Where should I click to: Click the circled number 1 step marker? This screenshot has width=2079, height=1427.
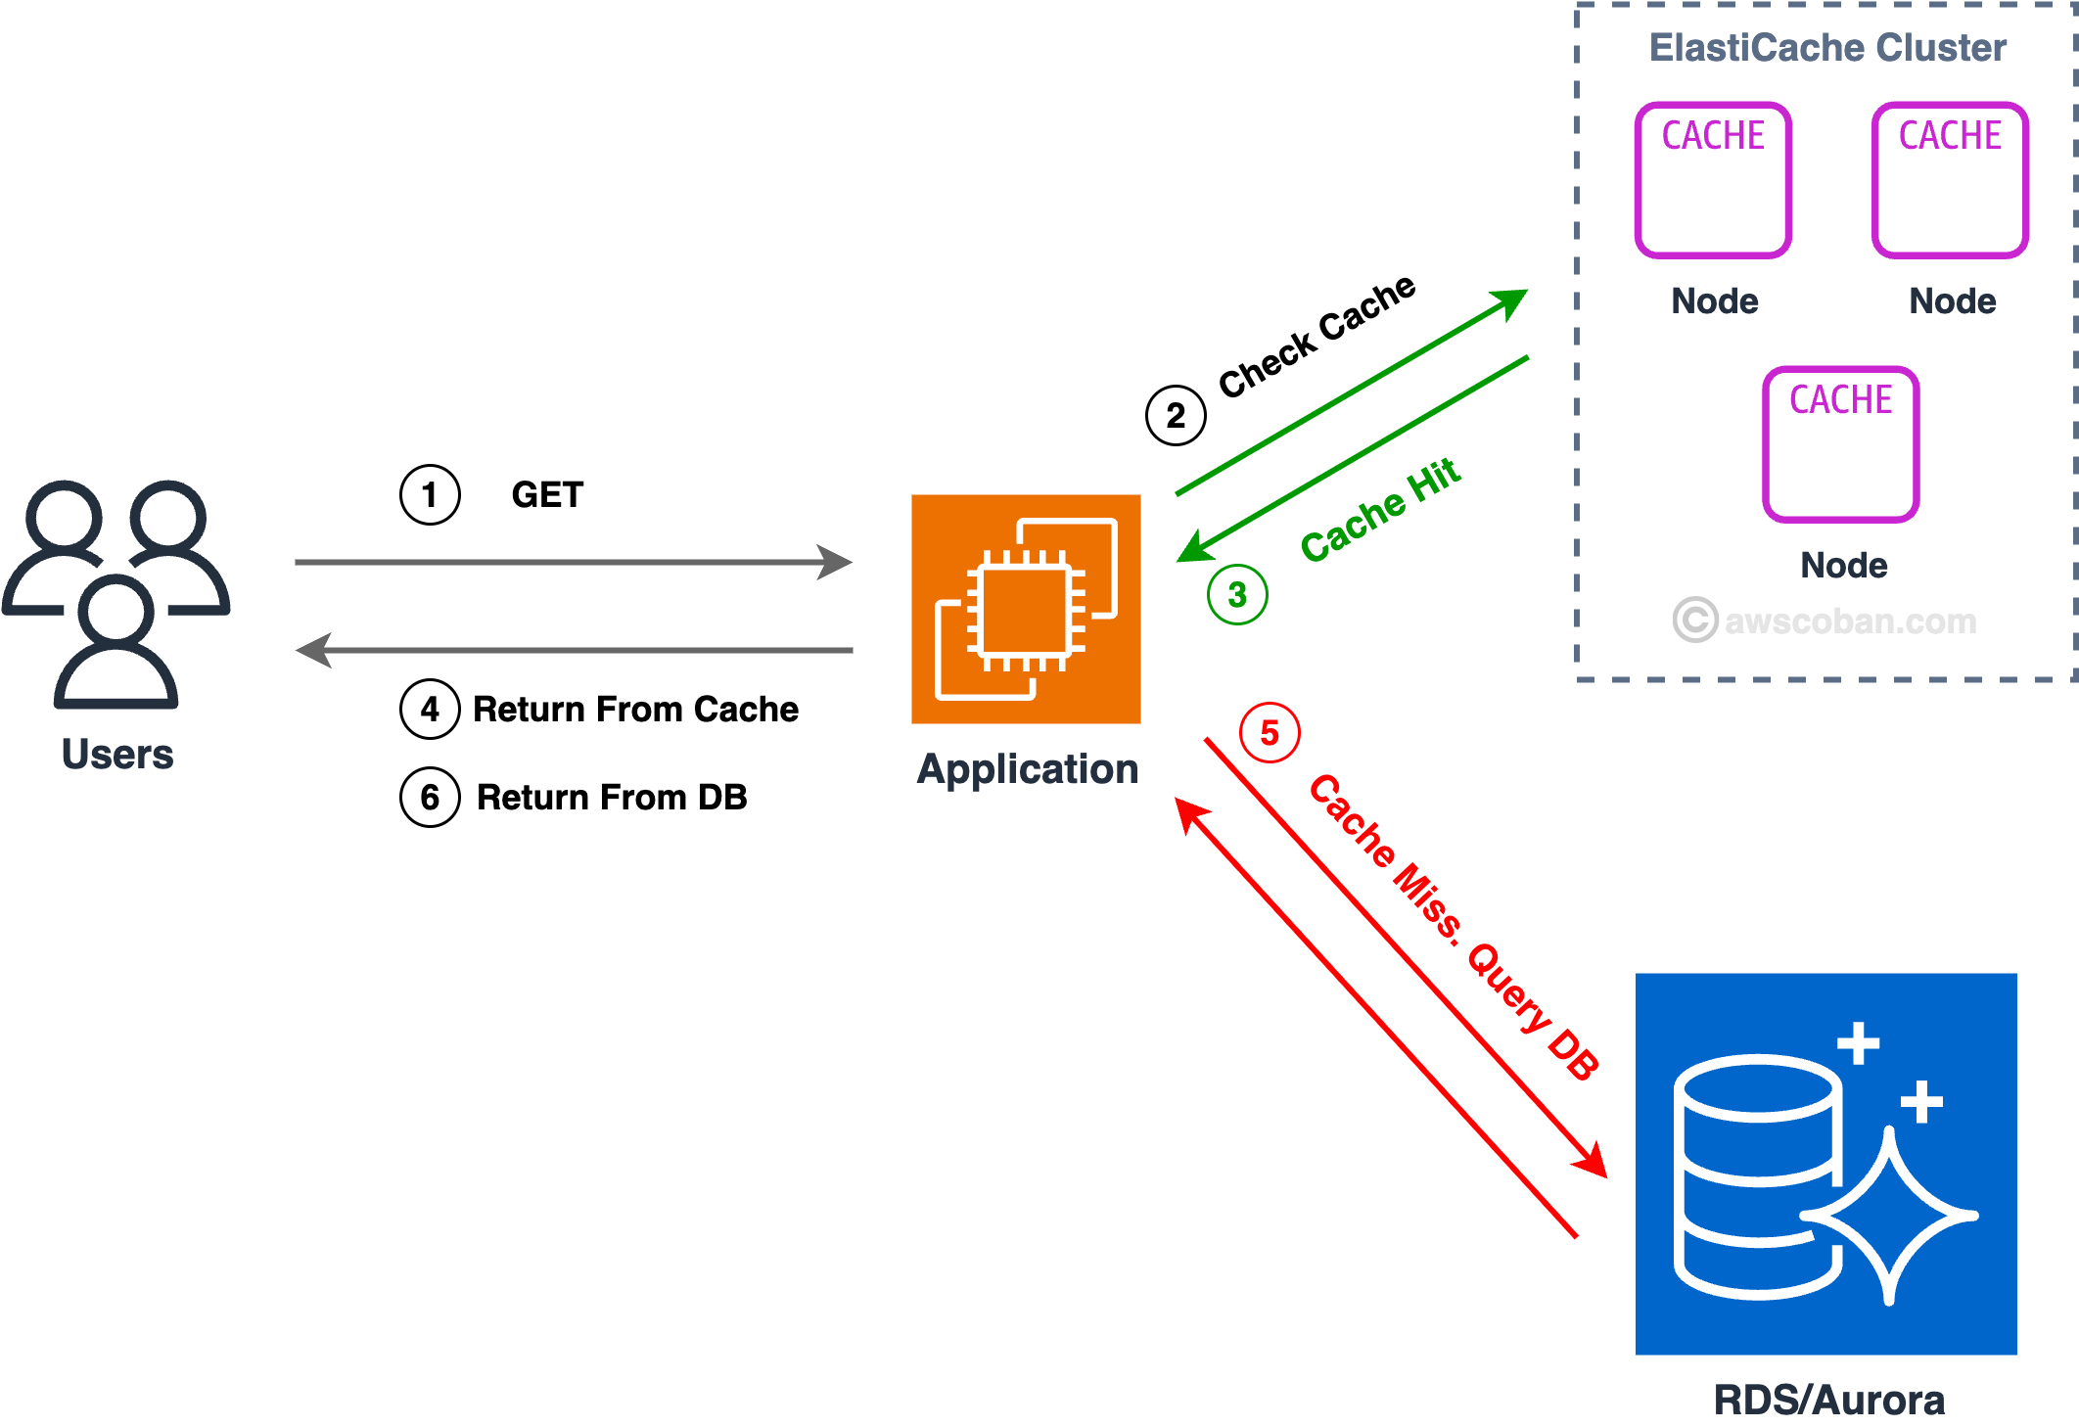pos(430,495)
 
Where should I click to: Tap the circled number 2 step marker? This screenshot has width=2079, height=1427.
pos(1176,416)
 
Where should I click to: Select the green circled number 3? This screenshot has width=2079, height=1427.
pos(1237,594)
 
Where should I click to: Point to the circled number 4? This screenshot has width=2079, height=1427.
pos(430,709)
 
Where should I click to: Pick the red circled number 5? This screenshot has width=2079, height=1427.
pos(1270,732)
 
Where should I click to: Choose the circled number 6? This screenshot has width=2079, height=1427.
pos(430,798)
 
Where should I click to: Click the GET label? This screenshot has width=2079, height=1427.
pos(547,495)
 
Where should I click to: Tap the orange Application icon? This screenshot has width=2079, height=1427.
pos(1026,609)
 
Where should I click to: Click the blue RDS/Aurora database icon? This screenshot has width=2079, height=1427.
pos(1825,1164)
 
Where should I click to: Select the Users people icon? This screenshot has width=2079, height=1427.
pos(116,593)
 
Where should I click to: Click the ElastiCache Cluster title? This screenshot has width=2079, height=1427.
pos(1827,47)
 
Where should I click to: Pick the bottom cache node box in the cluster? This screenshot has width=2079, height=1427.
pos(1840,444)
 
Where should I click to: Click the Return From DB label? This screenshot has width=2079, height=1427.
pos(612,798)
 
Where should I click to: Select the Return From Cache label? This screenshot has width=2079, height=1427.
pos(635,709)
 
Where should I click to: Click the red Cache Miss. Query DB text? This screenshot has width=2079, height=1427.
pos(1454,926)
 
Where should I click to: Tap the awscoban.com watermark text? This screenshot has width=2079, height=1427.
pos(1849,621)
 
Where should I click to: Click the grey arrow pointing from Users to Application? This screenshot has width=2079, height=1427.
pos(573,562)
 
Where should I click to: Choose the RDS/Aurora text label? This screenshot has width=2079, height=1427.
pos(1828,1400)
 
